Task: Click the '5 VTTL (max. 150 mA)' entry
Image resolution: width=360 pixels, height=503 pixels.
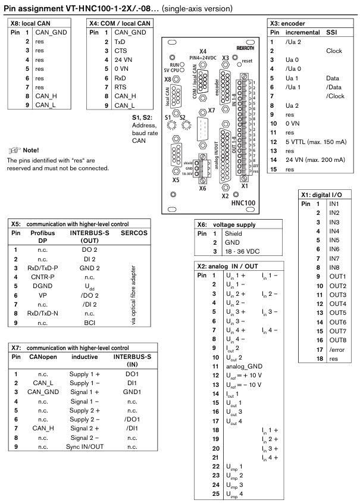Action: click(x=315, y=125)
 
